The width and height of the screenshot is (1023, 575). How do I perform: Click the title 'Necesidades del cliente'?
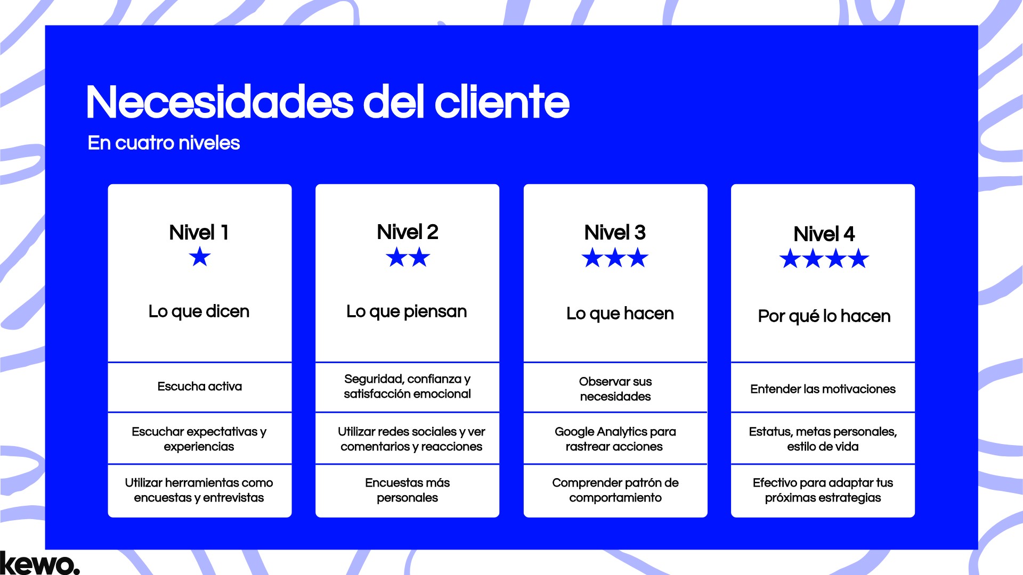point(327,102)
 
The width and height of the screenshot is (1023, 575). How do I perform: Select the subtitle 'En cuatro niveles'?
point(164,143)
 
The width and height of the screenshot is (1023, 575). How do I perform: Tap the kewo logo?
point(39,563)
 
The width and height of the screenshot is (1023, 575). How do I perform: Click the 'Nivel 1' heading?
point(199,233)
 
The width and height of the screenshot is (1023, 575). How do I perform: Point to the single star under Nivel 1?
point(200,257)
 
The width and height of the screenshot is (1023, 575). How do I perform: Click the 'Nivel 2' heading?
point(407,232)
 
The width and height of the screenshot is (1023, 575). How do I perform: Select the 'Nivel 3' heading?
point(614,233)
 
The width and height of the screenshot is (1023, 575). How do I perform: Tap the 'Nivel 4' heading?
point(824,234)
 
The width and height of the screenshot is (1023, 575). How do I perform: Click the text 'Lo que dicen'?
point(199,311)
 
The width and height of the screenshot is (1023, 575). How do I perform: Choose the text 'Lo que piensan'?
point(407,311)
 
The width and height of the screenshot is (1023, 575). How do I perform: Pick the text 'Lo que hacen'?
point(620,314)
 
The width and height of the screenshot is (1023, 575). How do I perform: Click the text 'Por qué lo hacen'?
point(824,316)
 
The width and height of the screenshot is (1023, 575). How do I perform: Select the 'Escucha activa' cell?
point(199,387)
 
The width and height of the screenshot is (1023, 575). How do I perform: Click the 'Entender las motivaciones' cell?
point(823,389)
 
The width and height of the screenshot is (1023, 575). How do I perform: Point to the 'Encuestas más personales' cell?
point(407,490)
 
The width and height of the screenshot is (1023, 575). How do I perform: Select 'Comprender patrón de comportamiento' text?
point(615,490)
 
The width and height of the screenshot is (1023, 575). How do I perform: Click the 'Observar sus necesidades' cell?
point(615,389)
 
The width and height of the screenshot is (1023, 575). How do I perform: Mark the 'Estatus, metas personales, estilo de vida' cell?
point(823,439)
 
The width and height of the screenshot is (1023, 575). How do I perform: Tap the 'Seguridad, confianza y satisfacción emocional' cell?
point(407,387)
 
